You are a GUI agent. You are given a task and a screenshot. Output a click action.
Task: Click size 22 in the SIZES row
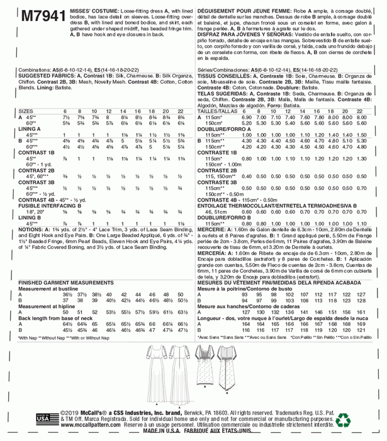[x=181, y=111]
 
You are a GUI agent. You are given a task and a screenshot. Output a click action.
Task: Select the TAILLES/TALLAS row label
[x=218, y=111]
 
